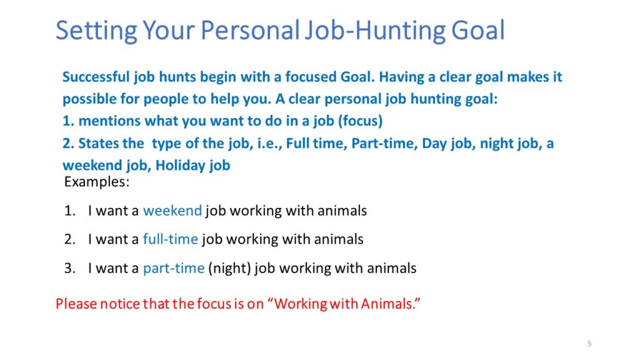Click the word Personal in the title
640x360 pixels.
click(250, 31)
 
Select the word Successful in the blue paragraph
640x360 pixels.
click(96, 77)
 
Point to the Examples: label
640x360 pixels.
click(97, 182)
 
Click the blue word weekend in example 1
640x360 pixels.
click(172, 211)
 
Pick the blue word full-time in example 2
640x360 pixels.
click(170, 239)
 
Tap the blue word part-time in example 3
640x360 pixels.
click(174, 269)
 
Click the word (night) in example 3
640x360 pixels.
click(229, 269)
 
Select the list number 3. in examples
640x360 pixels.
click(70, 268)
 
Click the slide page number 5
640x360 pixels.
click(589, 344)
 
